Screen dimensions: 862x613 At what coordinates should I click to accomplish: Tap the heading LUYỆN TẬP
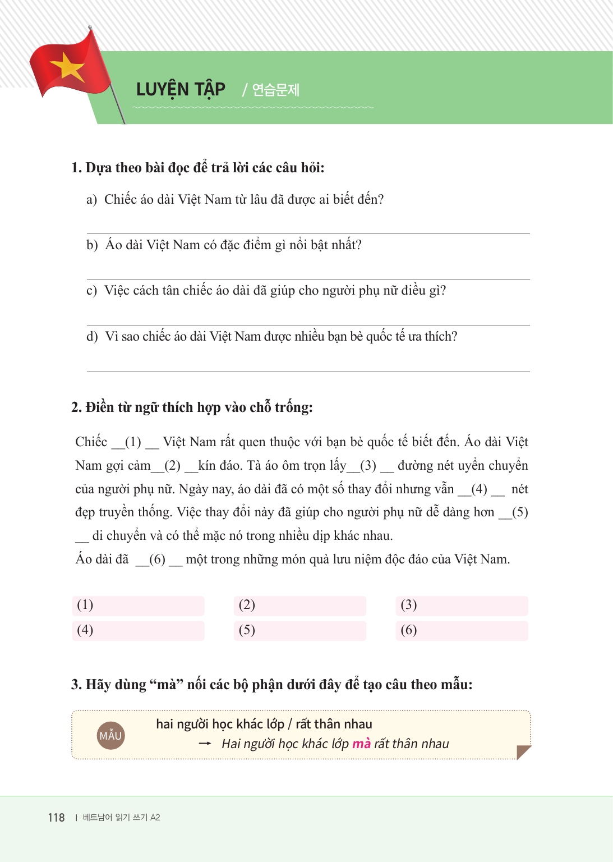pos(181,89)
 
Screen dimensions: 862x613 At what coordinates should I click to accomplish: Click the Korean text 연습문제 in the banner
pos(275,90)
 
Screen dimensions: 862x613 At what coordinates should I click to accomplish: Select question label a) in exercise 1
pos(91,200)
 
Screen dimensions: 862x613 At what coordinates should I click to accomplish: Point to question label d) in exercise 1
pos(92,337)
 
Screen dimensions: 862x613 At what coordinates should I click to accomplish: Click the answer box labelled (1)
pos(138,606)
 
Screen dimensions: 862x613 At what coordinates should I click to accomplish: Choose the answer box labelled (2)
pos(299,606)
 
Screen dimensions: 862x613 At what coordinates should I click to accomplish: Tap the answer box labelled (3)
pos(461,606)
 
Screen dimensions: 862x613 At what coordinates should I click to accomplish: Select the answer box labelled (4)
pos(138,630)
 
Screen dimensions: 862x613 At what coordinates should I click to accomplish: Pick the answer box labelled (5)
pos(299,630)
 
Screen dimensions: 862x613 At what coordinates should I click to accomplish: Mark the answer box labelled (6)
pos(461,630)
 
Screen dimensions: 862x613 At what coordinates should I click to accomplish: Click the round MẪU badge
pos(110,735)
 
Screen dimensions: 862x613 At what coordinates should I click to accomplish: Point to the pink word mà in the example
pos(361,744)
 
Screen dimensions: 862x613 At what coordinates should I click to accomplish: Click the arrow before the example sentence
pos(205,744)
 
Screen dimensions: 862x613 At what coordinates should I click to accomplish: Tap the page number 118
pos(56,818)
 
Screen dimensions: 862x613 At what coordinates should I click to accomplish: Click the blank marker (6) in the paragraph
pos(157,560)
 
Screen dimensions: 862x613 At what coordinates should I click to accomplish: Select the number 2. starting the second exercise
pos(76,407)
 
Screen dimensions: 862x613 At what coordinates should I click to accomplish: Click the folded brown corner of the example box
pos(522,751)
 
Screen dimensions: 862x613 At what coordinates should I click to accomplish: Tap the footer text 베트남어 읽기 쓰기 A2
pos(121,818)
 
